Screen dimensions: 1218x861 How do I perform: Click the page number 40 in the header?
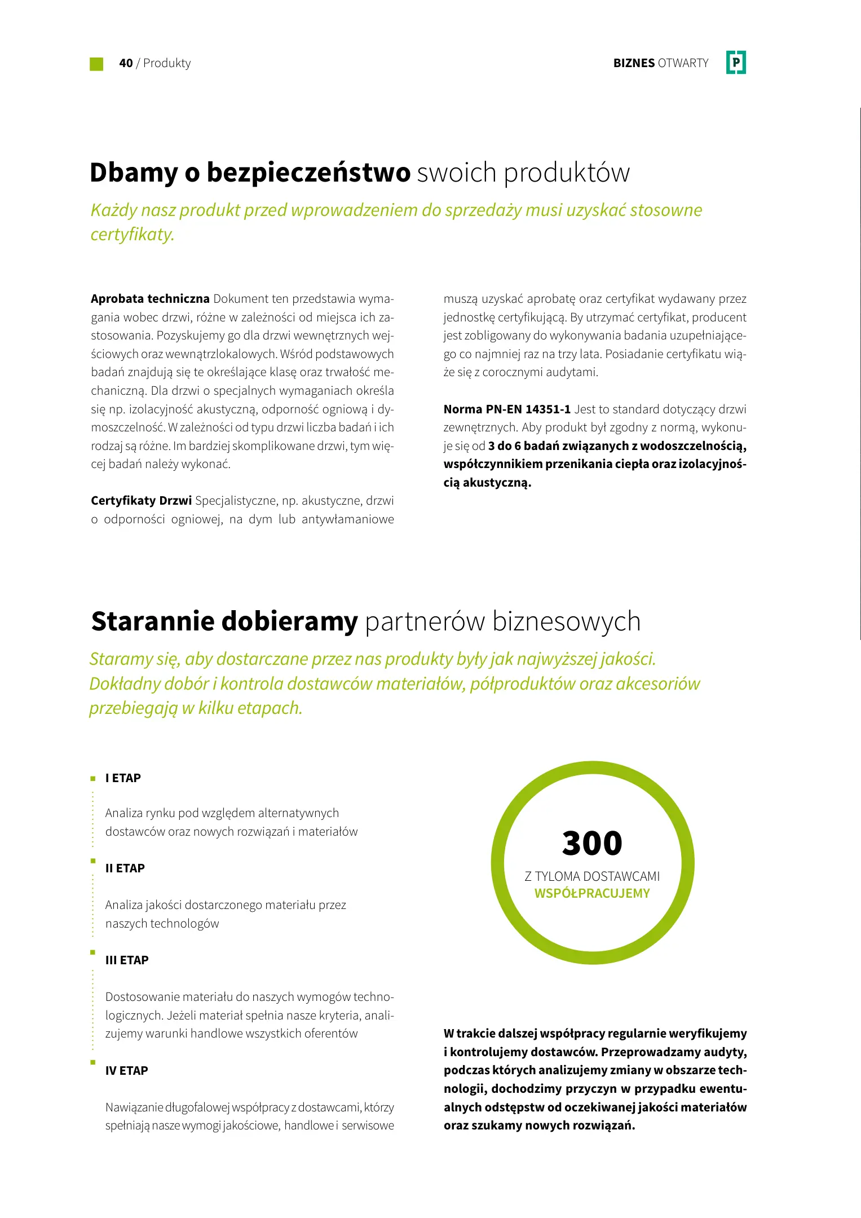point(126,63)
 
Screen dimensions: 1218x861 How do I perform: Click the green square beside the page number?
point(96,64)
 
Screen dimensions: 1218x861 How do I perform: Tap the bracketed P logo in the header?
point(736,63)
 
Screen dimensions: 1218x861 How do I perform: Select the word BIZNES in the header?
point(634,63)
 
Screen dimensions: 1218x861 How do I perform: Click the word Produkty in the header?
point(167,63)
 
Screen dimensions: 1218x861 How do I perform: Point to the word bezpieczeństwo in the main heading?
point(308,172)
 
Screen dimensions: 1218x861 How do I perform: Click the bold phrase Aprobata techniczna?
point(150,298)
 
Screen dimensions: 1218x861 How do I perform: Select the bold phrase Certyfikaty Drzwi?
point(142,500)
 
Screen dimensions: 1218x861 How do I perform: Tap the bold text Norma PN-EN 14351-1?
point(507,409)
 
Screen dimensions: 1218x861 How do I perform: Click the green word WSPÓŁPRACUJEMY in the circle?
point(592,893)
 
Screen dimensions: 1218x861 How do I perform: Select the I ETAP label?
point(123,778)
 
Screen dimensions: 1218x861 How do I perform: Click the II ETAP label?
point(125,868)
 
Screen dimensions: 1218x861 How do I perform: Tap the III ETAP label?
point(127,960)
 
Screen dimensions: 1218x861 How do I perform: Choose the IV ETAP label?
point(127,1071)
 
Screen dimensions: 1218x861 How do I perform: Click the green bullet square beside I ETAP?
point(93,779)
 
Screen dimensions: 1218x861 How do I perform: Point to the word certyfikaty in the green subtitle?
point(132,234)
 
